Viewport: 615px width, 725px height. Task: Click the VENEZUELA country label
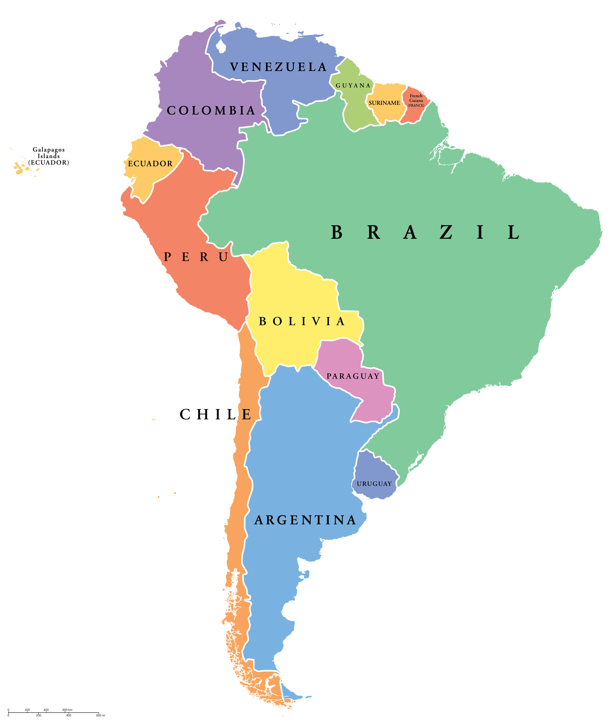278,67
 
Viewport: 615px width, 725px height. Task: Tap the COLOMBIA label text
211,110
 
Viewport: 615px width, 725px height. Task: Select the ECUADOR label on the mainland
150,163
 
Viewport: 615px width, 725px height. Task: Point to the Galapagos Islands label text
48,156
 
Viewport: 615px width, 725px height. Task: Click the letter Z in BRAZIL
446,233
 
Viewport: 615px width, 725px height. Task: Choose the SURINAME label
384,103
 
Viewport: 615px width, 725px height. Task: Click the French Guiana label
416,100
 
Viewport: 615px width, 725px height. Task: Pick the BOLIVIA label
302,321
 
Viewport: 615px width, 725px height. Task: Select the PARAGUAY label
353,376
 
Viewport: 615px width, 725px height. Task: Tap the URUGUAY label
374,484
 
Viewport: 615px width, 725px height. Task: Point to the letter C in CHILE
185,415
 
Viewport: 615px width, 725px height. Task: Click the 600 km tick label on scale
67,710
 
